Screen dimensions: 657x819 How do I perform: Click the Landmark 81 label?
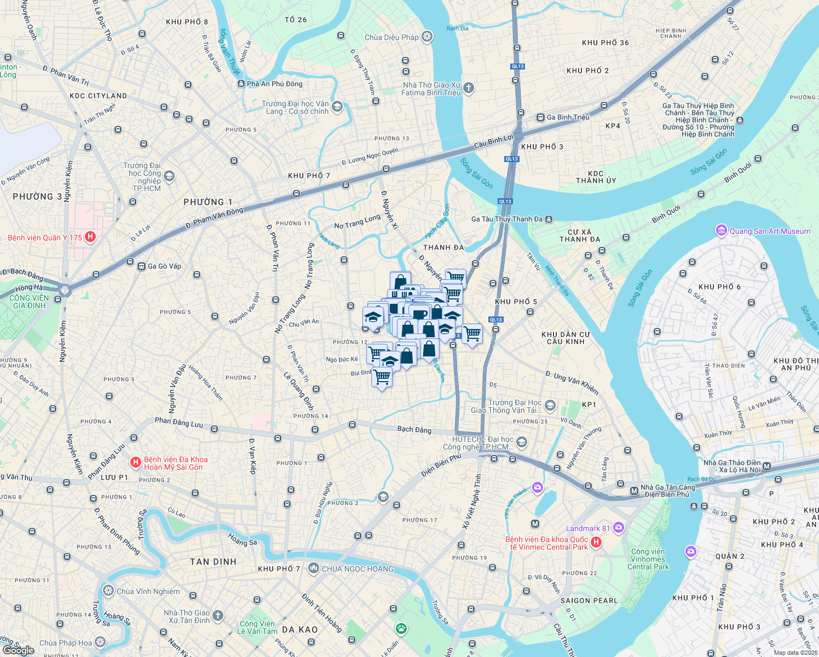[x=587, y=528]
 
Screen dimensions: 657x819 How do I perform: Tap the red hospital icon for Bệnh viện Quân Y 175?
[x=91, y=237]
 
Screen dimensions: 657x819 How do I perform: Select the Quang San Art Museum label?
[x=770, y=231]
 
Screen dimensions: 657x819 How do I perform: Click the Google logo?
[x=18, y=650]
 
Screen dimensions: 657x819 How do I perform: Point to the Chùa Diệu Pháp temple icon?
[x=427, y=37]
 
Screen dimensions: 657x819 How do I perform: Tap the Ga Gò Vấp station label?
[x=164, y=266]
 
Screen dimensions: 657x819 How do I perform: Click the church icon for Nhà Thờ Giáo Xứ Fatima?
[x=468, y=88]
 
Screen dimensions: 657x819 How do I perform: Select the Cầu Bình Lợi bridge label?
[x=494, y=141]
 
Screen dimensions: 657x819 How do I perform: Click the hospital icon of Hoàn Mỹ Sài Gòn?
[x=135, y=463]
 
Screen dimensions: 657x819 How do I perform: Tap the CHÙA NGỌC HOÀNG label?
[x=357, y=569]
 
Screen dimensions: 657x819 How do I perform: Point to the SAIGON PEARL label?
[x=589, y=601]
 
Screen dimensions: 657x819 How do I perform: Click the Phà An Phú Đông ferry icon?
[x=241, y=84]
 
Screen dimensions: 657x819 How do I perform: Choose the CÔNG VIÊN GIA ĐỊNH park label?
[x=30, y=302]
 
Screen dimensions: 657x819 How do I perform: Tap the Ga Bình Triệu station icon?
[x=540, y=117]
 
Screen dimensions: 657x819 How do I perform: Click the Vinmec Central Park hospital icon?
[x=596, y=542]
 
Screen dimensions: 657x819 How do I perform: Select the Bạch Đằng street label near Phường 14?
[x=414, y=430]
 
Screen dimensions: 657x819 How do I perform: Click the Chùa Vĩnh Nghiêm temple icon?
[x=108, y=591]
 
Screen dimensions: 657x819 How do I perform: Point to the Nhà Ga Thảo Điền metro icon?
[x=766, y=466]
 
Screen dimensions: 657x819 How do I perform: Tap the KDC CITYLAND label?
[x=99, y=96]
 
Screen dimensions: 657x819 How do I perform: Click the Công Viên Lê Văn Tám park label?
[x=257, y=627]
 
